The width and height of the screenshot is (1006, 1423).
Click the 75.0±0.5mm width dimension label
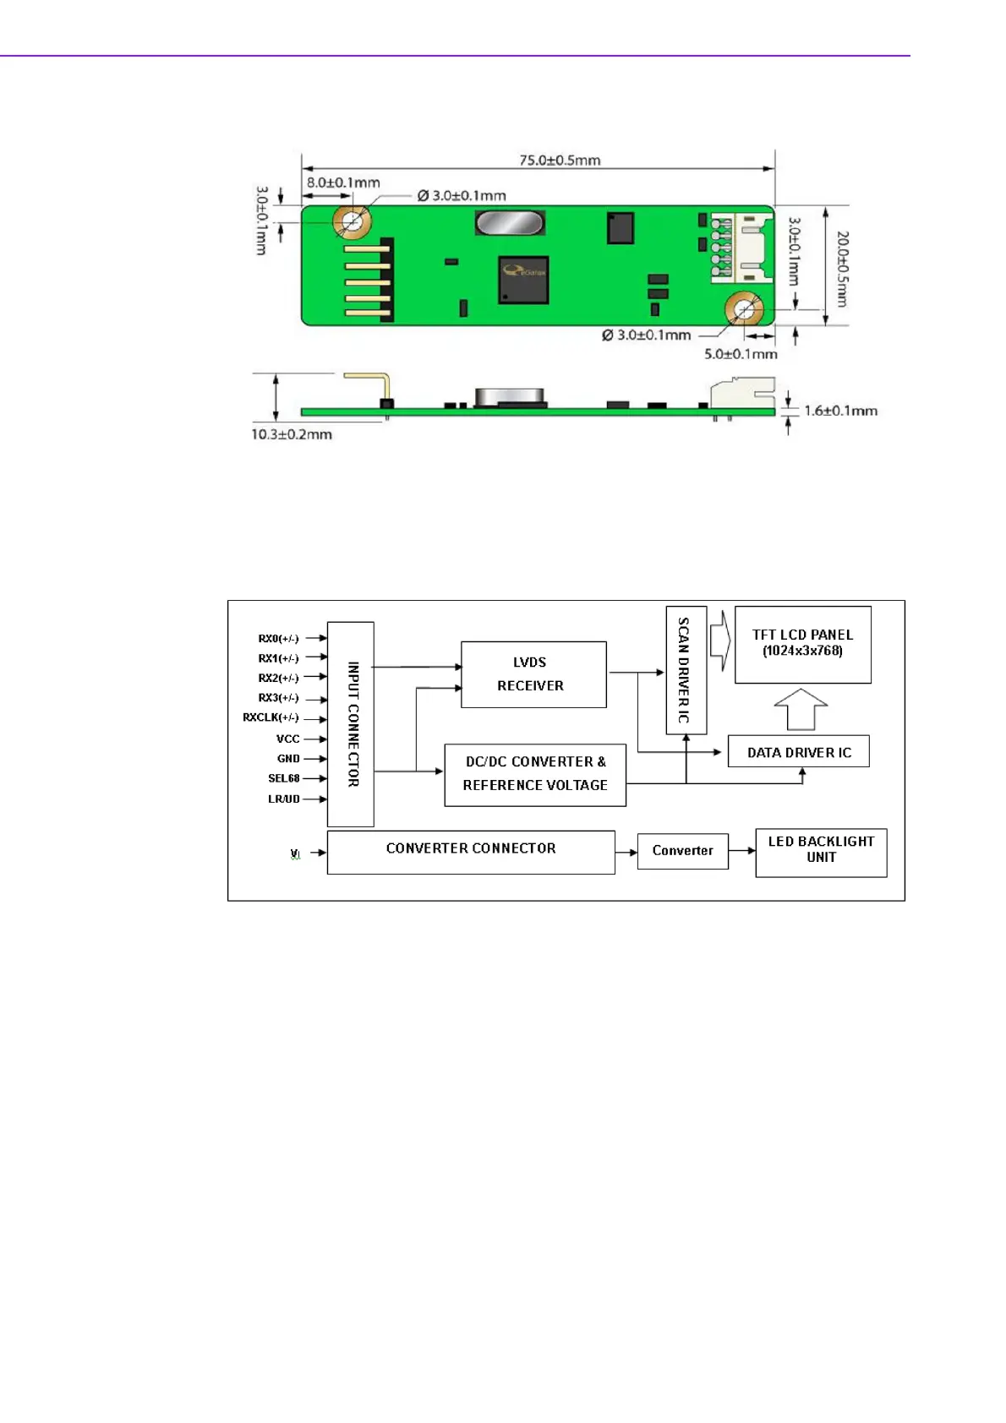tap(560, 160)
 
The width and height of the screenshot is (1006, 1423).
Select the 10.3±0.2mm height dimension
tap(292, 434)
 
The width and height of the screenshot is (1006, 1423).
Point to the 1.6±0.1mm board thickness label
tap(840, 411)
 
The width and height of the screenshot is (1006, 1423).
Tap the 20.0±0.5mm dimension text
tap(842, 269)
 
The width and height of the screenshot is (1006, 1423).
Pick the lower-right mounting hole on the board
tap(744, 309)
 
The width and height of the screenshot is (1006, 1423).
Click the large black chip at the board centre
tap(523, 280)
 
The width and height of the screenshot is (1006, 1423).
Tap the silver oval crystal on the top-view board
tap(509, 223)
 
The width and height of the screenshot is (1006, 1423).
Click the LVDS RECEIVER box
tap(533, 674)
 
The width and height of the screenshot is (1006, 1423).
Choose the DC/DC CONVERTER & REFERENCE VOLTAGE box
tap(535, 774)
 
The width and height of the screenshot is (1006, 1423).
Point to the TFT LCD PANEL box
tap(802, 644)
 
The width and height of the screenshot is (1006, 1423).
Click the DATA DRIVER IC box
tap(798, 751)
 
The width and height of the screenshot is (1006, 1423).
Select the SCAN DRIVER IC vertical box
tap(686, 670)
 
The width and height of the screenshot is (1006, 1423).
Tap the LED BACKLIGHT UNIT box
tap(821, 852)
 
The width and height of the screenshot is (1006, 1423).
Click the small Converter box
tap(682, 851)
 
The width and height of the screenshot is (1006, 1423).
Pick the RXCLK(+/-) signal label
tap(271, 717)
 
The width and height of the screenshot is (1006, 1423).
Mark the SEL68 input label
tap(284, 778)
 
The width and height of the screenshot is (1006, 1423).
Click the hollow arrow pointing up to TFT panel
tap(801, 708)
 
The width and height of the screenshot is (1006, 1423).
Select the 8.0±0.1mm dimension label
tap(343, 183)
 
